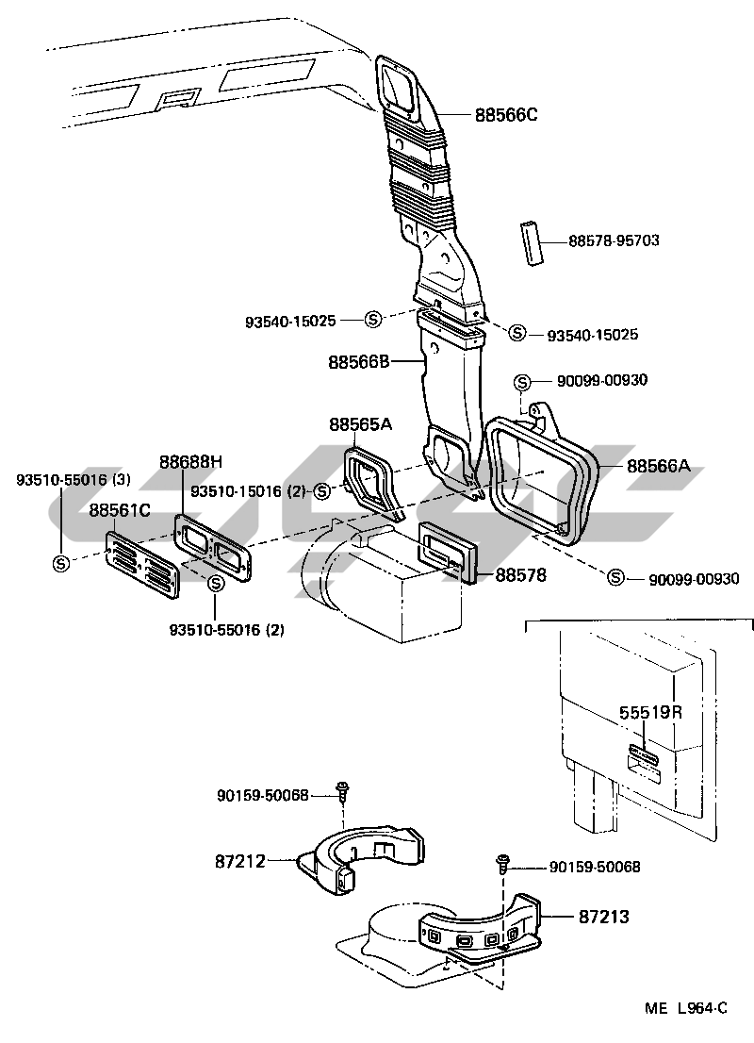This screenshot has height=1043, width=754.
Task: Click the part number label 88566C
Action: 506,115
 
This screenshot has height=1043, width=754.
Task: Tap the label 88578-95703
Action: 614,240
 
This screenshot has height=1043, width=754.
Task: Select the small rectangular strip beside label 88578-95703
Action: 531,243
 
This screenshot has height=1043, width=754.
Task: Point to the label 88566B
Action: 358,362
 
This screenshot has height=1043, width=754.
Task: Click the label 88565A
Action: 360,423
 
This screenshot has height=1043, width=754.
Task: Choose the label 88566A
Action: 658,466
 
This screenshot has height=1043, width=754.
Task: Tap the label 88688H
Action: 190,462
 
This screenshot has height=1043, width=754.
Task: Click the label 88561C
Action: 120,510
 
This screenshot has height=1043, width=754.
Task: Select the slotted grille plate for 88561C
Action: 142,564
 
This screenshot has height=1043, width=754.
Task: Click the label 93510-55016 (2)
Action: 227,629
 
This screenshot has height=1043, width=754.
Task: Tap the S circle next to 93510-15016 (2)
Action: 321,491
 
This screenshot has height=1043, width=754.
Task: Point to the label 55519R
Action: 651,712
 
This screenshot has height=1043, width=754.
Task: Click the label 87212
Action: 240,861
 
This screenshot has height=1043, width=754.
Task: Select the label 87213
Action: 604,917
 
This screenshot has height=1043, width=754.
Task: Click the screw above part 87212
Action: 344,791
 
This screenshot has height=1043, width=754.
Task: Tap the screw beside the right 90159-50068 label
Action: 503,864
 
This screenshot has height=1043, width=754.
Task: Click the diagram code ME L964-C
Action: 686,1008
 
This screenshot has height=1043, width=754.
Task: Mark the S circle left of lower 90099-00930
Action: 616,577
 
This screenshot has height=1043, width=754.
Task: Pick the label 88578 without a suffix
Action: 520,574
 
